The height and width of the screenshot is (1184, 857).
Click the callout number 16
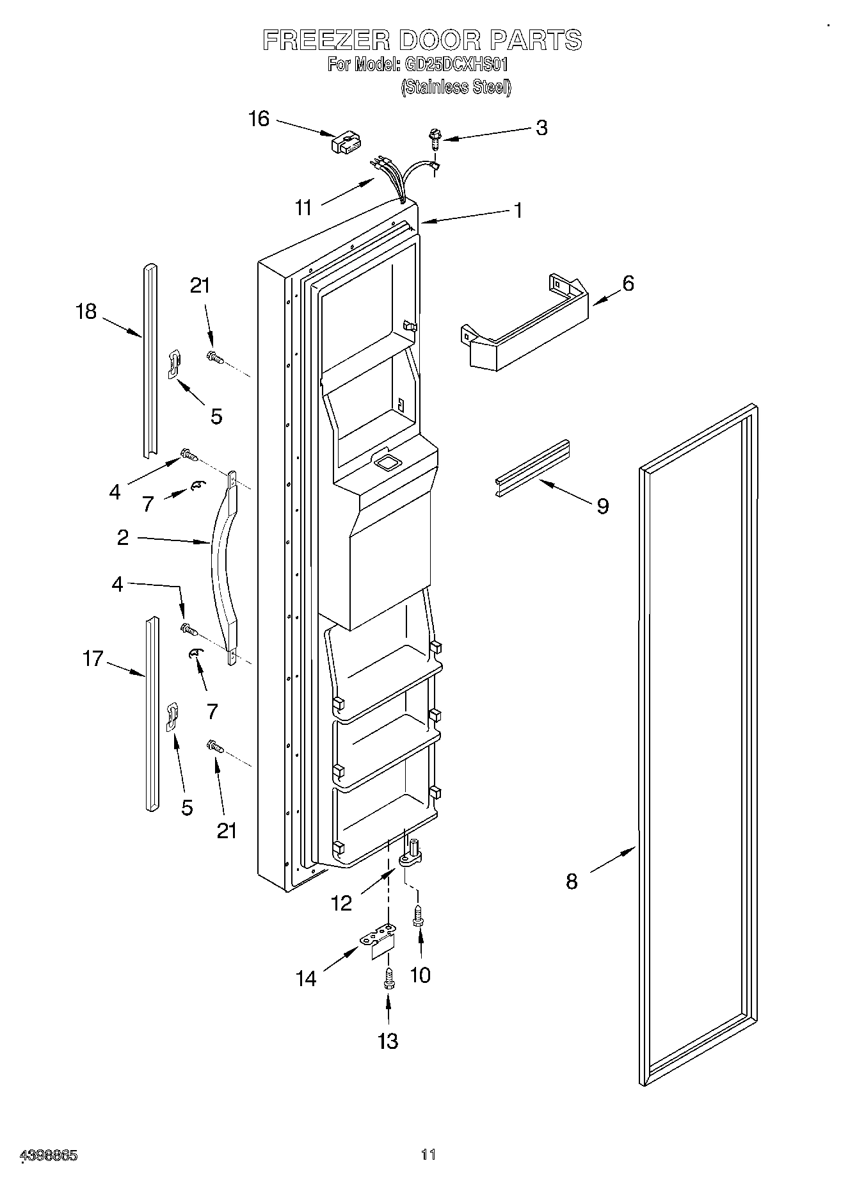click(x=259, y=119)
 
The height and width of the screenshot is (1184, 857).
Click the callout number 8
click(x=572, y=882)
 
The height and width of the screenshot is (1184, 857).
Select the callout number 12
click(x=341, y=904)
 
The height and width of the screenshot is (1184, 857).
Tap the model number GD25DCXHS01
click(x=455, y=64)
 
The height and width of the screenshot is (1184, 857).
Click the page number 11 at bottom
click(x=428, y=1155)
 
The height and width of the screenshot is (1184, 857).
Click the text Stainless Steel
click(x=456, y=86)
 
